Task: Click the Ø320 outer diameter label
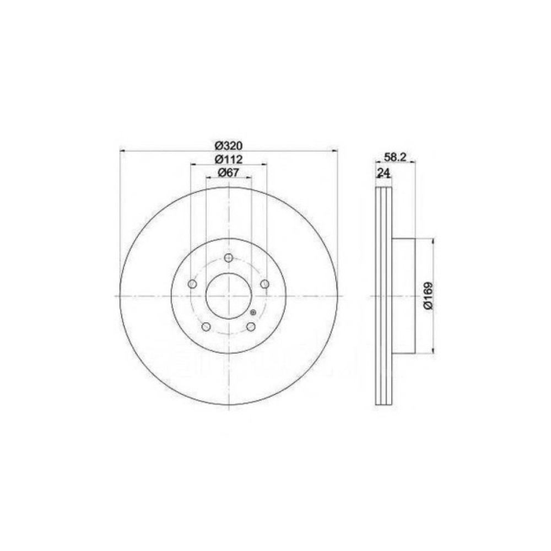pos(229,145)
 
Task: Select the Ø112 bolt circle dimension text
pos(229,159)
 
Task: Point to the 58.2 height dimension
pos(395,157)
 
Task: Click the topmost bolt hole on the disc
pos(229,258)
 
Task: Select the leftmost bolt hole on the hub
pos(192,284)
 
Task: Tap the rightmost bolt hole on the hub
pos(265,284)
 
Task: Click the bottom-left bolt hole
pos(206,327)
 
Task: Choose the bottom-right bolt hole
pos(251,327)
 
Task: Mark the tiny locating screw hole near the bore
pos(253,313)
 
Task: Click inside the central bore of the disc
pos(229,296)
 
